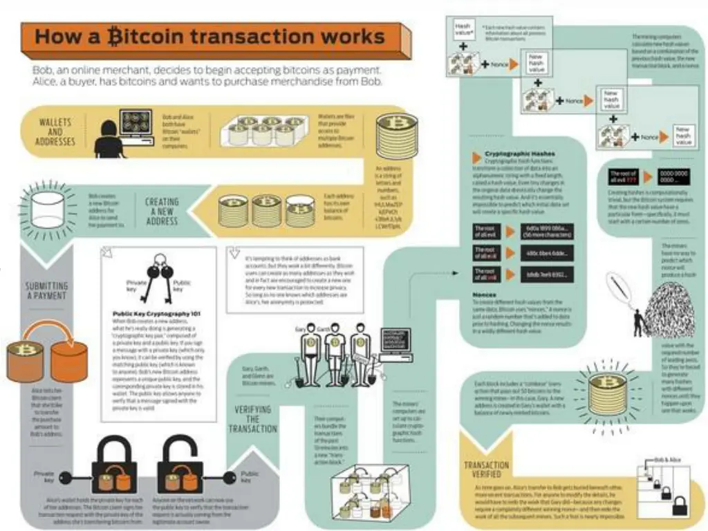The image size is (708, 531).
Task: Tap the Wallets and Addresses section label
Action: tap(55, 132)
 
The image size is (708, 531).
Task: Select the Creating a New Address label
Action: tap(161, 212)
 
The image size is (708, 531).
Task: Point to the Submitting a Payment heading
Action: tap(46, 291)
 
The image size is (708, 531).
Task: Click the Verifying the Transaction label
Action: tap(252, 419)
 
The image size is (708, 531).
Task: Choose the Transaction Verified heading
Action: tap(487, 470)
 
